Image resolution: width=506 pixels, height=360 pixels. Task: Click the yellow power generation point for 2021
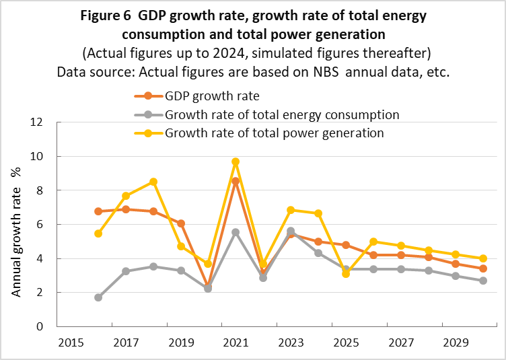(x=236, y=161)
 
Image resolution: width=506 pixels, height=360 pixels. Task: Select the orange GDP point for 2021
(x=236, y=181)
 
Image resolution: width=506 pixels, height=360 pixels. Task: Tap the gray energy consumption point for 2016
(x=98, y=297)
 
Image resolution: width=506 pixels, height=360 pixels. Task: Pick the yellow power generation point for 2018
(x=153, y=182)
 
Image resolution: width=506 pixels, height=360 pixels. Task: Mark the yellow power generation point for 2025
(x=346, y=274)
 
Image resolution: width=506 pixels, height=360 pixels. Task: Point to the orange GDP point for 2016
(x=98, y=211)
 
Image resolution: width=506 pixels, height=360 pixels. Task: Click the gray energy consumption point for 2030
(x=483, y=281)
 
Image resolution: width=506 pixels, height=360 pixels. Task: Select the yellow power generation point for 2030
(x=483, y=258)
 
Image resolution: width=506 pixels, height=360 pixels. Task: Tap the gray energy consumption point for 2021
(x=236, y=232)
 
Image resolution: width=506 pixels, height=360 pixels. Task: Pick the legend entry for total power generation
(x=274, y=133)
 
